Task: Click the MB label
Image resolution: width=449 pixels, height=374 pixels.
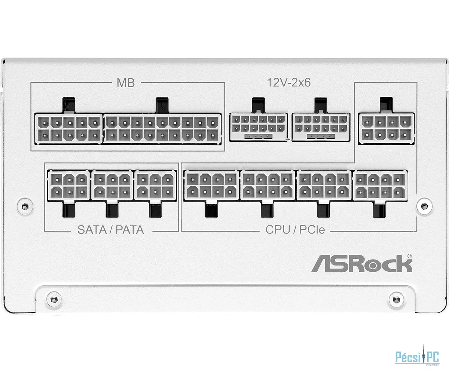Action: click(125, 83)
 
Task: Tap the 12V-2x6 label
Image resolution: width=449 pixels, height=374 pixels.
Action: click(289, 83)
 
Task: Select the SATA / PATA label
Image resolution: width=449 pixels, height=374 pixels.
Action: click(111, 230)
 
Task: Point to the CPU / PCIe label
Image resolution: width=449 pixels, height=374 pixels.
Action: click(295, 230)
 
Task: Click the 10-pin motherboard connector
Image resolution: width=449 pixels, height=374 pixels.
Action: click(68, 129)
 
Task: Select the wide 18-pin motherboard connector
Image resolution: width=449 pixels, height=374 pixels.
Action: click(162, 129)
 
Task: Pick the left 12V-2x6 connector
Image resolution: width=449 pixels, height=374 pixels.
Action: click(258, 127)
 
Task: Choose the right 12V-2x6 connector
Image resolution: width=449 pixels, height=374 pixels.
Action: click(321, 127)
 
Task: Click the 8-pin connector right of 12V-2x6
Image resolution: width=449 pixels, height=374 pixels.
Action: click(387, 128)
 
